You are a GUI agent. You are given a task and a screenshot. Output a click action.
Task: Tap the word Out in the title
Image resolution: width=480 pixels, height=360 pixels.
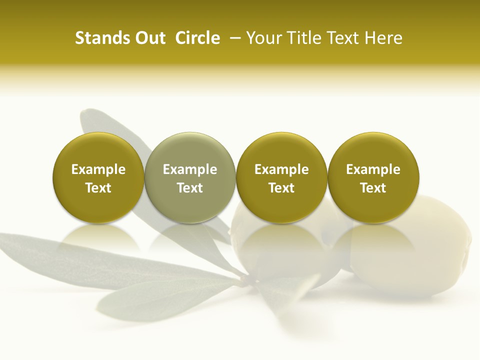click(x=149, y=38)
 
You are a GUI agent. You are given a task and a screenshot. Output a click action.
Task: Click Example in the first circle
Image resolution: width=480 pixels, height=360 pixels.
click(x=98, y=169)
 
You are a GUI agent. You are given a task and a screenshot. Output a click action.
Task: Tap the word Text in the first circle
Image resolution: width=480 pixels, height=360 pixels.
click(x=98, y=188)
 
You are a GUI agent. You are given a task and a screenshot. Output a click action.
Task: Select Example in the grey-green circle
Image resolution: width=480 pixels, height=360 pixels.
click(x=190, y=169)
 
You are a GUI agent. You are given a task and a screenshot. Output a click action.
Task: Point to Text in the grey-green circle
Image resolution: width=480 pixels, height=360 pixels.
click(x=190, y=188)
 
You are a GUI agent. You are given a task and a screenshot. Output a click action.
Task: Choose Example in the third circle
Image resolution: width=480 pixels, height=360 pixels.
click(x=281, y=169)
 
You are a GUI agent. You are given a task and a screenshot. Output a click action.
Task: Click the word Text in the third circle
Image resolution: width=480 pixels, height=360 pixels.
click(x=281, y=188)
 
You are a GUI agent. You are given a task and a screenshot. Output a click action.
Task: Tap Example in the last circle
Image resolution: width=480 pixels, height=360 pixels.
click(x=373, y=169)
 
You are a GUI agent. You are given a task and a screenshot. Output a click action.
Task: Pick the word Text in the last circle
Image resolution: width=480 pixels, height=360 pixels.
click(x=373, y=188)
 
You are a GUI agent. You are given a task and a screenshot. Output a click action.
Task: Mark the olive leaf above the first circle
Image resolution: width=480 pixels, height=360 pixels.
click(x=100, y=122)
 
